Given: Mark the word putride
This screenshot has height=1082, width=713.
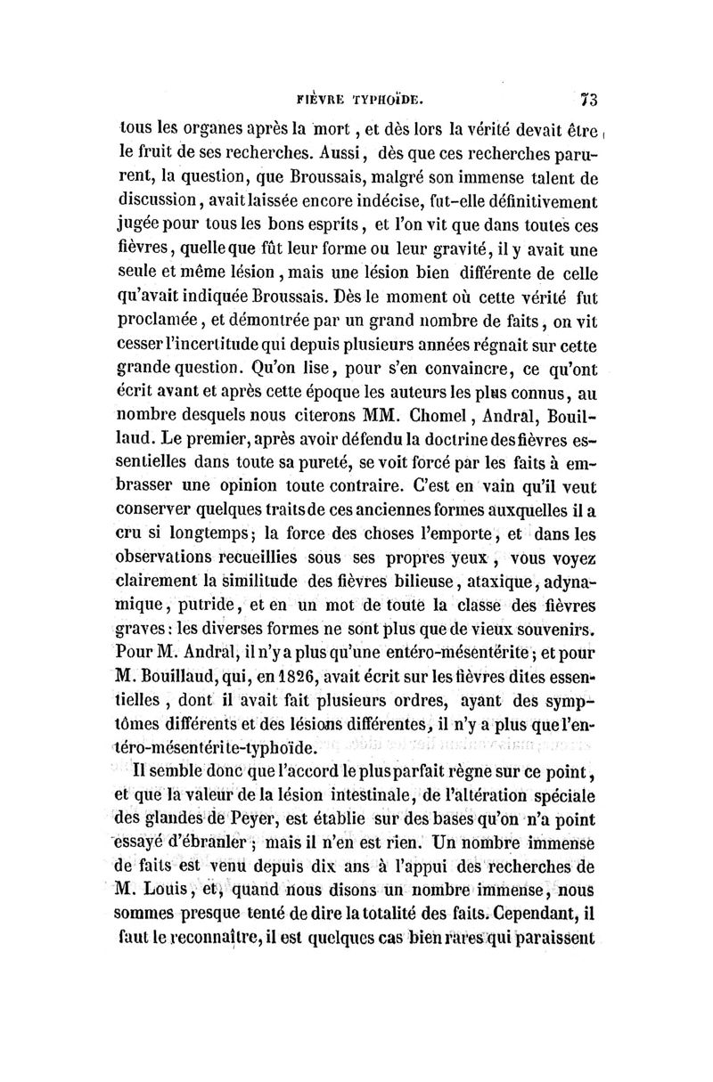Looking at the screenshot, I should [197, 603].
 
